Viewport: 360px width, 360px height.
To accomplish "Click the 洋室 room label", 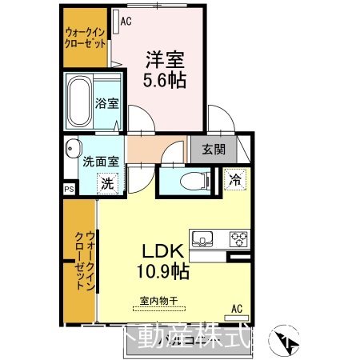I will (x=166, y=58).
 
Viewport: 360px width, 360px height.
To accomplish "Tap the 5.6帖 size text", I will (x=166, y=80).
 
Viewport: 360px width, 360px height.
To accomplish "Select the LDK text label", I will (x=163, y=250).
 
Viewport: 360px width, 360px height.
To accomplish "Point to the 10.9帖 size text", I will (x=163, y=272).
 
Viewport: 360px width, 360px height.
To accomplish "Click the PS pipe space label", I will (x=69, y=190).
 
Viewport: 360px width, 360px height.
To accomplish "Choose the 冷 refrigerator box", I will (x=236, y=178).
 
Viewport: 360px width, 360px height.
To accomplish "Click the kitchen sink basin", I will (x=205, y=238).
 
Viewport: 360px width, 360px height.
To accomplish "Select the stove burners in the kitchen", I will (x=239, y=238).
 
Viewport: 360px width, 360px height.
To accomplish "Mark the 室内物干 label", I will (x=158, y=301).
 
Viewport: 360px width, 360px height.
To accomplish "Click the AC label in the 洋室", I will (x=125, y=22).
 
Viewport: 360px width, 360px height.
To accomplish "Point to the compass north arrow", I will (x=288, y=342).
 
